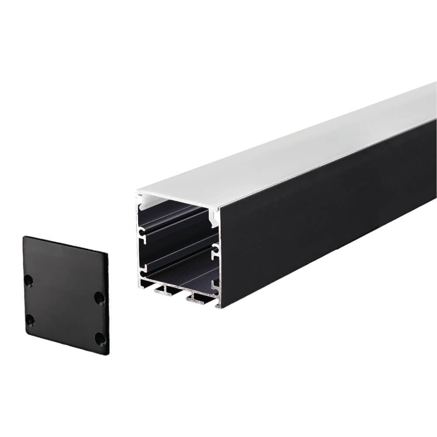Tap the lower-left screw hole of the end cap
point(30,320)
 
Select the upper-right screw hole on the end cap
point(99,298)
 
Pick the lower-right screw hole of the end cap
point(100,338)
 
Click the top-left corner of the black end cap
point(25,238)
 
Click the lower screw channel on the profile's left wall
point(142,265)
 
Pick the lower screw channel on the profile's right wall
point(215,286)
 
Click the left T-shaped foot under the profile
point(164,289)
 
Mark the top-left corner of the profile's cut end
point(138,193)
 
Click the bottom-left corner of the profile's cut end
point(139,287)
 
